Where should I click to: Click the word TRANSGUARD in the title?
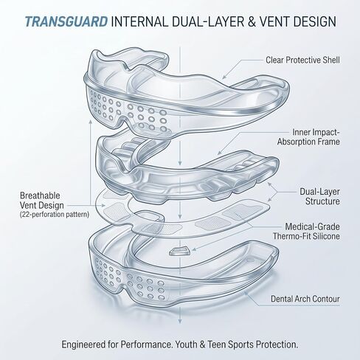(66, 21)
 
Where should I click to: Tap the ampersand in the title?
(252, 21)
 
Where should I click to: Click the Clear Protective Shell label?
(302, 60)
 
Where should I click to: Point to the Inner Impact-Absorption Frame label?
(308, 136)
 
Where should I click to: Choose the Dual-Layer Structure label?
(319, 196)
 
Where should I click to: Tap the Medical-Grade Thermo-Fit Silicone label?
(306, 231)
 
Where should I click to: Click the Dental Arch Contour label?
(305, 299)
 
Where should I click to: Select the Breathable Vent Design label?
(42, 200)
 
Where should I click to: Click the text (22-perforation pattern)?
(55, 215)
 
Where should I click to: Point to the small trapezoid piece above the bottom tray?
(180, 252)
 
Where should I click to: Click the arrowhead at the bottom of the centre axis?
(180, 321)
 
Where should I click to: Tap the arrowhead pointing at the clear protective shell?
(224, 77)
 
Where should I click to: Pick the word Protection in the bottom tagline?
(277, 345)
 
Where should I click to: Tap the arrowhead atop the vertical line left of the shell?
(91, 122)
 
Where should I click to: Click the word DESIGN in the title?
(315, 21)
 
